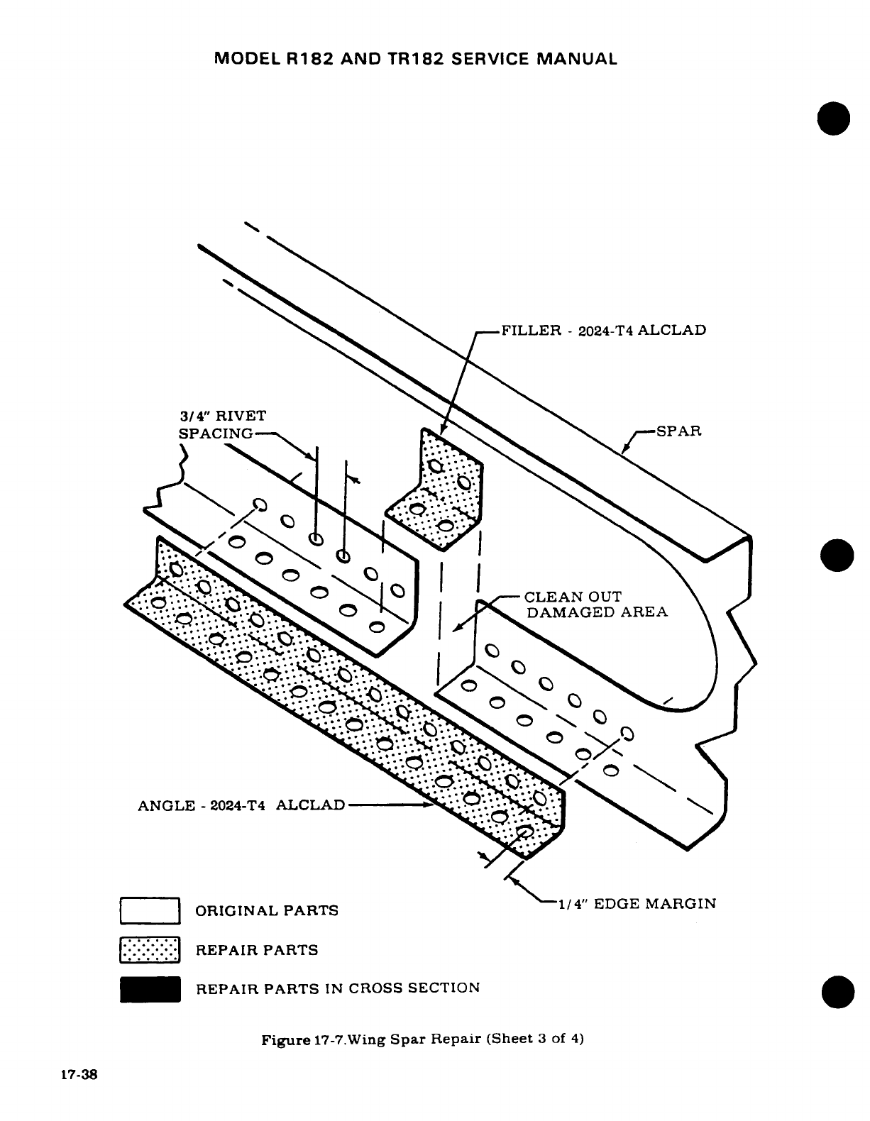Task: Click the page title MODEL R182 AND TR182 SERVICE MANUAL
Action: coord(415,59)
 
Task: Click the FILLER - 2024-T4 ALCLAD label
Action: coord(603,330)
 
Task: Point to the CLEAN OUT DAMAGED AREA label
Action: coord(595,604)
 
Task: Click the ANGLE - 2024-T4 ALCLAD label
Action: coord(241,805)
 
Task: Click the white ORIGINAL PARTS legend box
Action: coord(150,911)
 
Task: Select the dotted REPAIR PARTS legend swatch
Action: coord(150,950)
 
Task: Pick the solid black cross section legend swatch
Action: coord(150,989)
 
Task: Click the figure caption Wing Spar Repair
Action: coord(422,1040)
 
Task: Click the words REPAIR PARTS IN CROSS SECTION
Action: coord(338,988)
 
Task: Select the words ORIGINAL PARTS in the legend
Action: coord(267,910)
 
